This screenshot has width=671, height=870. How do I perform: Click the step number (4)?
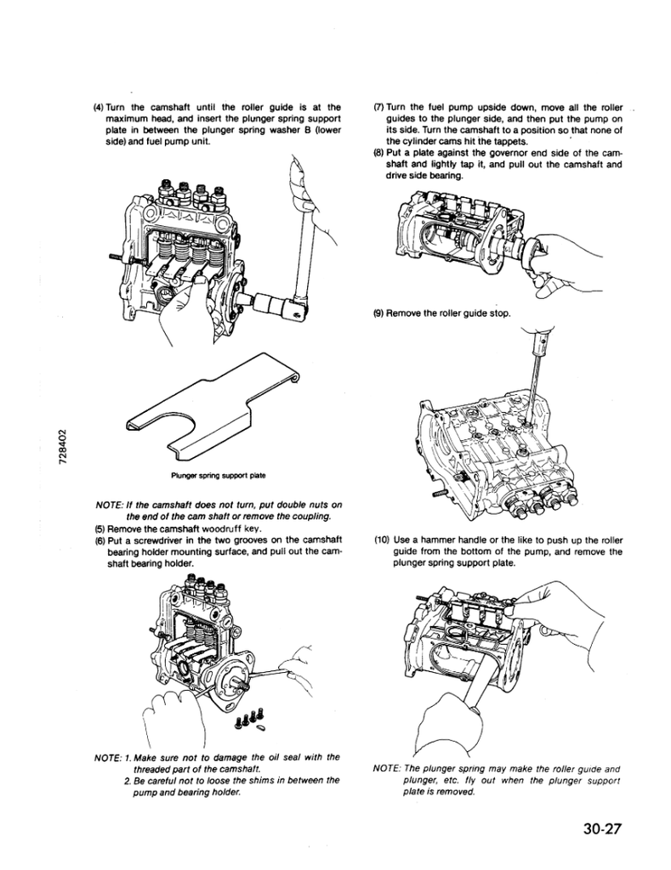point(99,107)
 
